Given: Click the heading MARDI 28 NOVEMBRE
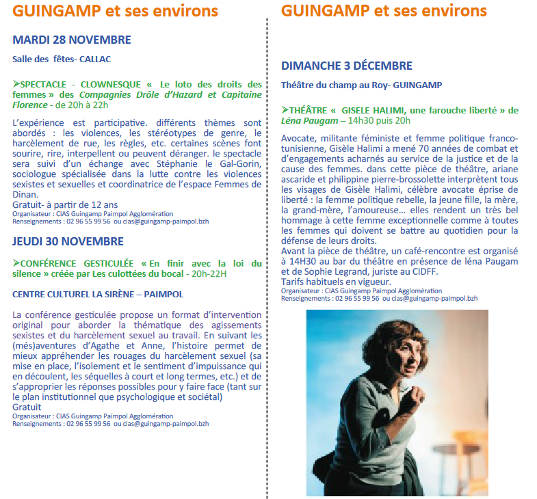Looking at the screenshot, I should click(72, 40).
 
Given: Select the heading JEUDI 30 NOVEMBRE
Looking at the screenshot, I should click(68, 241).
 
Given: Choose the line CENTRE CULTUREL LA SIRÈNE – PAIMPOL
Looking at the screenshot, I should click(98, 294).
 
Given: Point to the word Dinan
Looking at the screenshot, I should click(26, 193).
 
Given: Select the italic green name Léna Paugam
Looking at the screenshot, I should click(309, 121).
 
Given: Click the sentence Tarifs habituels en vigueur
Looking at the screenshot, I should click(337, 282).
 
